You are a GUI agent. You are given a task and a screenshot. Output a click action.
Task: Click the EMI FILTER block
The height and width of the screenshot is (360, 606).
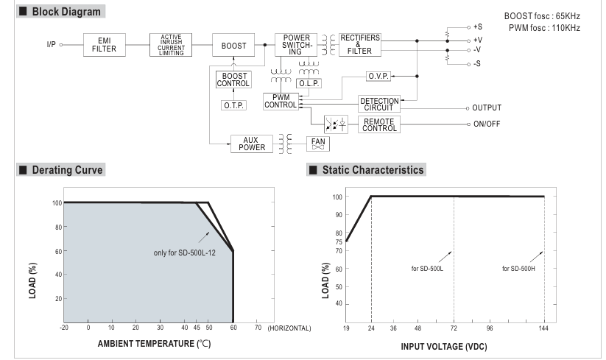click(104, 45)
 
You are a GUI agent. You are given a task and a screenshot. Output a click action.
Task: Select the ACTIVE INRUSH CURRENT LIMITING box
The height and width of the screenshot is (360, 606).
click(170, 45)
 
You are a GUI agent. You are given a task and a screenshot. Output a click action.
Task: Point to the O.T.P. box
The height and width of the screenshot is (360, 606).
click(233, 105)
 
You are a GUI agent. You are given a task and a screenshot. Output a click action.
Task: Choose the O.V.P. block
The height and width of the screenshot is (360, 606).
click(378, 76)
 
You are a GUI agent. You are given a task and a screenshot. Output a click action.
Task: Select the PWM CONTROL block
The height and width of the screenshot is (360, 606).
click(281, 102)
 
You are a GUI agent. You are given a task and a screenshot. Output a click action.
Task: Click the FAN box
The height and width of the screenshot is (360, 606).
click(318, 143)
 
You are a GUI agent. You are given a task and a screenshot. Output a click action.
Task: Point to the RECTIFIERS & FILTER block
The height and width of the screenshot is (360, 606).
click(359, 45)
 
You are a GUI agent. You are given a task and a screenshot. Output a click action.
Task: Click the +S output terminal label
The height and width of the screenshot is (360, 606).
click(478, 26)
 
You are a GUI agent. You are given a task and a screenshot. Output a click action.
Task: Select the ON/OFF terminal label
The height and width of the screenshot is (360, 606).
click(487, 124)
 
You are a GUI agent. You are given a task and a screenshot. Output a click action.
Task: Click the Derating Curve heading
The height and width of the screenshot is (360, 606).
click(67, 170)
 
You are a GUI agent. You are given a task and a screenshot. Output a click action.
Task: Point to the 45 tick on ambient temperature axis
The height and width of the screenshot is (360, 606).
click(197, 327)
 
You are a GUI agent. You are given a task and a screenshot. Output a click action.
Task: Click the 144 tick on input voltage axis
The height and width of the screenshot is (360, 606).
click(544, 327)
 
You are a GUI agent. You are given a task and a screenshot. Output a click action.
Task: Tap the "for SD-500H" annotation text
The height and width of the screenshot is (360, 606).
click(518, 268)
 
